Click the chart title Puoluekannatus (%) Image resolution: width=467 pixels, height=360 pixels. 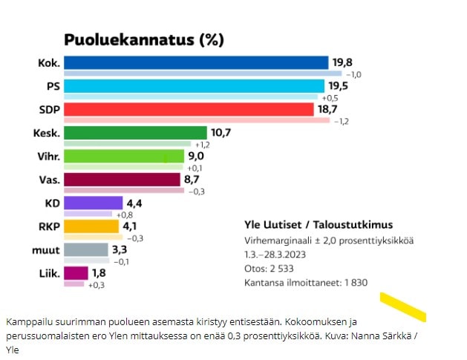tap(143, 39)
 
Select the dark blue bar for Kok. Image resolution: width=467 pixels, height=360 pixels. tap(195, 62)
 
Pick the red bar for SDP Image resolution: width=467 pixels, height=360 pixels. tap(189, 109)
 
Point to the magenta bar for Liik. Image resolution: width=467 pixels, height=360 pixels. tap(76, 272)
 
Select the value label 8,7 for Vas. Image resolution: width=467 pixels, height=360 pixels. tap(193, 180)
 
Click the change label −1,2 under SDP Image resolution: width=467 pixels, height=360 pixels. tap(342, 120)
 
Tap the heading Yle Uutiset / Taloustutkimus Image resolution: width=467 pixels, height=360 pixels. tap(319, 225)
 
